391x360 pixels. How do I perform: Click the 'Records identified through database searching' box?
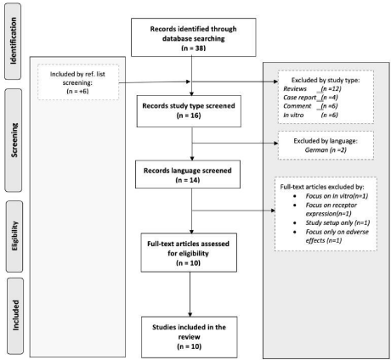194,37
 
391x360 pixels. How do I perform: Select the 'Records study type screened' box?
189,111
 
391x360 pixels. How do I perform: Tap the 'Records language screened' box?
188,174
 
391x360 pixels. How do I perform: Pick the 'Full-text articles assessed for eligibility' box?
189,253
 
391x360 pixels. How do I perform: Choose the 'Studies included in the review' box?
190,337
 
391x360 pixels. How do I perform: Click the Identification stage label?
13,41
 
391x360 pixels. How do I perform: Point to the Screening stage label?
14,140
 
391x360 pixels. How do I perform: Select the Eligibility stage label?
14,236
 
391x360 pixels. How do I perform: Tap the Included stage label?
15,316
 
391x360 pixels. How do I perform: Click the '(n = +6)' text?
77,91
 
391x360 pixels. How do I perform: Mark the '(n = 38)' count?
194,48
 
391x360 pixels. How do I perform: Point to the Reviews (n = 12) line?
312,88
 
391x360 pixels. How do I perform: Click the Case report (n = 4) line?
310,98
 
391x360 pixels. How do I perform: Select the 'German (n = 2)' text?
326,149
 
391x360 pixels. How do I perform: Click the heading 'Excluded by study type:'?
326,80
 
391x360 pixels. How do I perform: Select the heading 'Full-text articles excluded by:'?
322,187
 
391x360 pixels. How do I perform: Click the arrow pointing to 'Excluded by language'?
235,143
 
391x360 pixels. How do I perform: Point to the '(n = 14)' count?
188,180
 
